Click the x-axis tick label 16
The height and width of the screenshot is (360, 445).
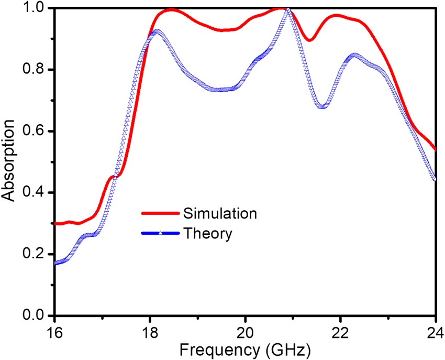point(54,332)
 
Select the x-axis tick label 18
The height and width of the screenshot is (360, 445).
point(150,332)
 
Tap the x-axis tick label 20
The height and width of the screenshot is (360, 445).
point(246,332)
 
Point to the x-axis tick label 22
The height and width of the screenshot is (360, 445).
point(341,332)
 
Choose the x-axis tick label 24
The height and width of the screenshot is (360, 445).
point(435,332)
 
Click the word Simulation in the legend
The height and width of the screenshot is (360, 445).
point(220,213)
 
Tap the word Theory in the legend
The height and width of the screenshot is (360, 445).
point(207,233)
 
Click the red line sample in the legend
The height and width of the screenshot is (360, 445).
point(161,213)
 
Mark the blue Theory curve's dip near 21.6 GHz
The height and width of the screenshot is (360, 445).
point(322,106)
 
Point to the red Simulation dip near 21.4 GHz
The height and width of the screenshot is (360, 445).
point(310,40)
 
